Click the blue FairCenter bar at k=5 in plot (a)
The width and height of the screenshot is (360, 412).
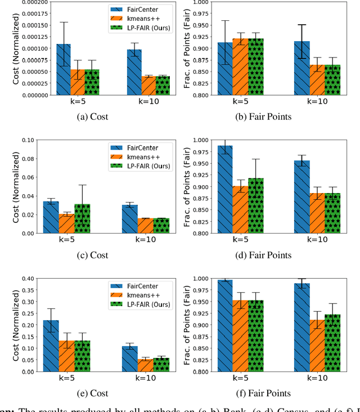point(64,70)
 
